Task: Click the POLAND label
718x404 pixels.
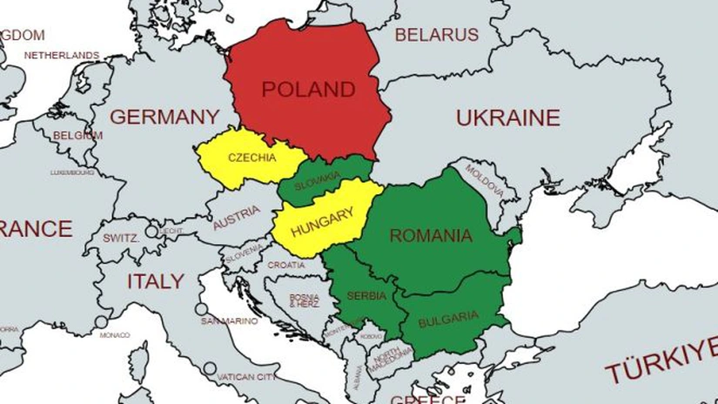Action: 308,90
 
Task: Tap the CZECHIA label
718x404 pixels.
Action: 252,158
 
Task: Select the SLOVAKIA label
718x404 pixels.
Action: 317,185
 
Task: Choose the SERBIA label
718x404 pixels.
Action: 366,296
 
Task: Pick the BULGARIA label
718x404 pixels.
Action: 448,319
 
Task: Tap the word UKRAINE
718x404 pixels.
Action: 508,118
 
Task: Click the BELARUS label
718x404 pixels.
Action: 437,35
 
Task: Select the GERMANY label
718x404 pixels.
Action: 164,117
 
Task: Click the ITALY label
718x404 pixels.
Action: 156,281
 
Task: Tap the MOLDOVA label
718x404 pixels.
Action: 485,179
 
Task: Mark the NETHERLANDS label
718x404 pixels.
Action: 62,55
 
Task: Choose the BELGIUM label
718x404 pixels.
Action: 77,136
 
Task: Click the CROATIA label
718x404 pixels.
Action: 286,265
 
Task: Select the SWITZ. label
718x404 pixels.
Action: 121,238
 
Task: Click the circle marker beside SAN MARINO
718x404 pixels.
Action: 202,309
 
